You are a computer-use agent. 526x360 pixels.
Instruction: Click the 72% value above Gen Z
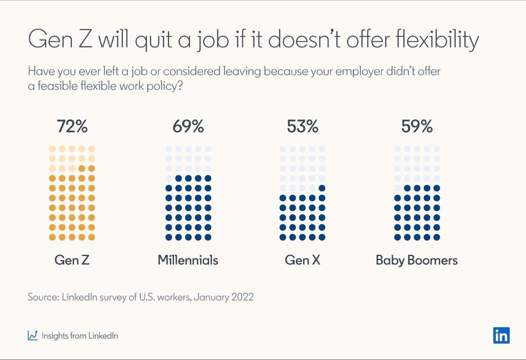[x=72, y=127]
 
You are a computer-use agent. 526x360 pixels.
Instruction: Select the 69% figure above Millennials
[x=188, y=127]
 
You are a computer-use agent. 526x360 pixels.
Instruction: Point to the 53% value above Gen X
[x=303, y=127]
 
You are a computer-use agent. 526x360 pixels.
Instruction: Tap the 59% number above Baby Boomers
[x=417, y=127]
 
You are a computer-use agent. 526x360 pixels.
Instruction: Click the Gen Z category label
[x=72, y=260]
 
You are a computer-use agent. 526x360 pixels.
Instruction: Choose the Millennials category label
[x=188, y=260]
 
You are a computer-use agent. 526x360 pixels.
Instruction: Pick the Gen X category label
[x=303, y=260]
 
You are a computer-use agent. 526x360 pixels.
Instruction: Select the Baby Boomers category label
[x=417, y=260]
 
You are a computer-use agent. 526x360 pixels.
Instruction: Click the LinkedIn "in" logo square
[x=501, y=336]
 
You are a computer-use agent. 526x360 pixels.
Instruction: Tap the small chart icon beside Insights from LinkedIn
[x=33, y=336]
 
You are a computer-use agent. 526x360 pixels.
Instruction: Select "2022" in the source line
[x=242, y=297]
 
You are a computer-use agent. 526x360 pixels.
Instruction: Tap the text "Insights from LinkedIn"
[x=80, y=336]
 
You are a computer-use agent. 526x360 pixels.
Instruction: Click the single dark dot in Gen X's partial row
[x=322, y=188]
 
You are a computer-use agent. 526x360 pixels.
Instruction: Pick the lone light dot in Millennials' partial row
[x=169, y=178]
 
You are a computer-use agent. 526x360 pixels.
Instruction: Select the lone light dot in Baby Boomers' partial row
[x=397, y=188]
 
